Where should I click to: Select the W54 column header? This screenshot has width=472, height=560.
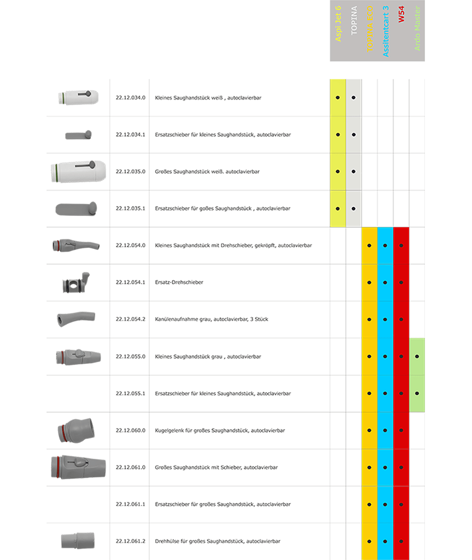[401, 15]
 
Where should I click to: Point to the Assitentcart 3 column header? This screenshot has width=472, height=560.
[386, 31]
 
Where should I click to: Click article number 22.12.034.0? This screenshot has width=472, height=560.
[130, 97]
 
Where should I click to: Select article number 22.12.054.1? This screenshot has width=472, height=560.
[130, 282]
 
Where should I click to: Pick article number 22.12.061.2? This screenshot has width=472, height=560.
[130, 541]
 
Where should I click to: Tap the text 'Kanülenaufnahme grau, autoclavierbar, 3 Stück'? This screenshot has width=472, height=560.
[211, 319]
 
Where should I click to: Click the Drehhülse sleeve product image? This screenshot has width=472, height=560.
[78, 541]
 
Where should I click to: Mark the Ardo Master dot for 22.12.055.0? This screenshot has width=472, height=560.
[417, 357]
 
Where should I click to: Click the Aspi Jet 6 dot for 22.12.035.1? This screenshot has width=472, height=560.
[338, 208]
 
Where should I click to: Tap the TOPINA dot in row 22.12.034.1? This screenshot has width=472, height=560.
[354, 135]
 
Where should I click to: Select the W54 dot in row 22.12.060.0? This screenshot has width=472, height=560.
[401, 430]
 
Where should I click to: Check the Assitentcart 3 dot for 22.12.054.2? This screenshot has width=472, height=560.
[386, 319]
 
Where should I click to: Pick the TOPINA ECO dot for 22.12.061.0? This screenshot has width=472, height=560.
[369, 468]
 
